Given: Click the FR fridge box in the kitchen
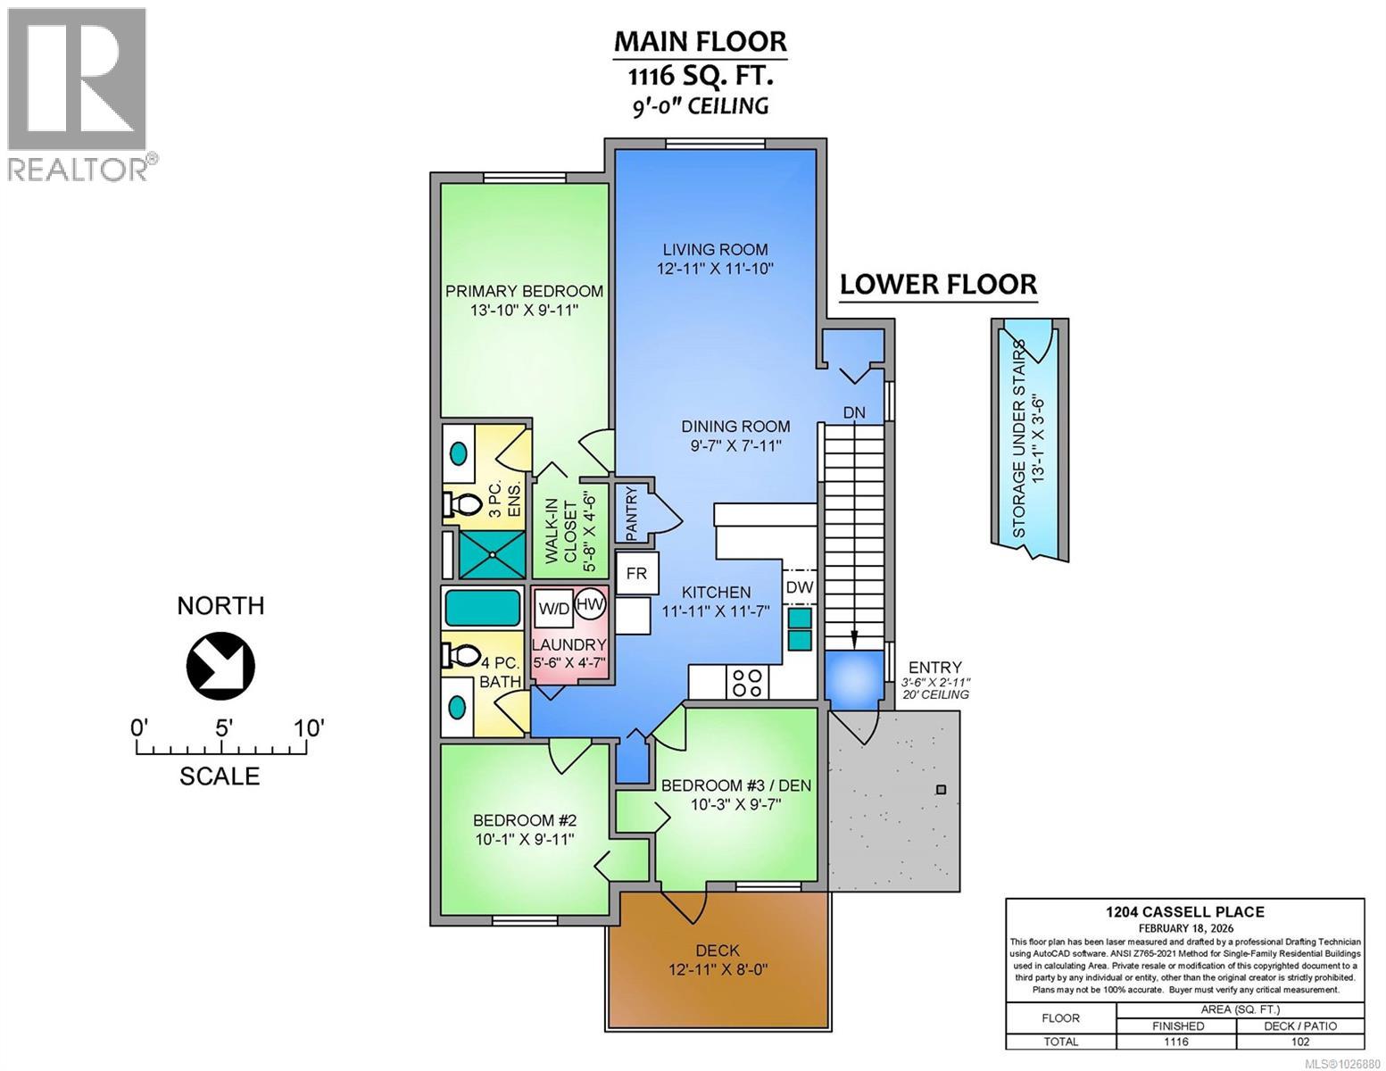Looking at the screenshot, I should point(636,573).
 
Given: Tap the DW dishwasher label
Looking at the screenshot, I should point(799,587).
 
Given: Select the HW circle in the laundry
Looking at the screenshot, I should point(590,604).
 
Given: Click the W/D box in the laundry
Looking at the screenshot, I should point(552,610).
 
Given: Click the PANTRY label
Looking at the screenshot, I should point(631,513).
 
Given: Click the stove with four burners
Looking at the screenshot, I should point(746,682).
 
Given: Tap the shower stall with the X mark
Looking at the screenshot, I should point(491,553).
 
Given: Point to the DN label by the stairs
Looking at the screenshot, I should point(854,412).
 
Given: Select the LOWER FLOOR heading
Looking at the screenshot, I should point(938,285).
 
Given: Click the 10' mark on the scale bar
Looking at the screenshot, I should point(309,728).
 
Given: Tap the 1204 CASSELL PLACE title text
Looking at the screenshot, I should point(1184,911).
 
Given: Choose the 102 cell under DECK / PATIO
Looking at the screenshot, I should point(1299,1042).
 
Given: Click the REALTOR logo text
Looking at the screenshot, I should point(79,169).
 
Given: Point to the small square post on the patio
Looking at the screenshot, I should point(940,789).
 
